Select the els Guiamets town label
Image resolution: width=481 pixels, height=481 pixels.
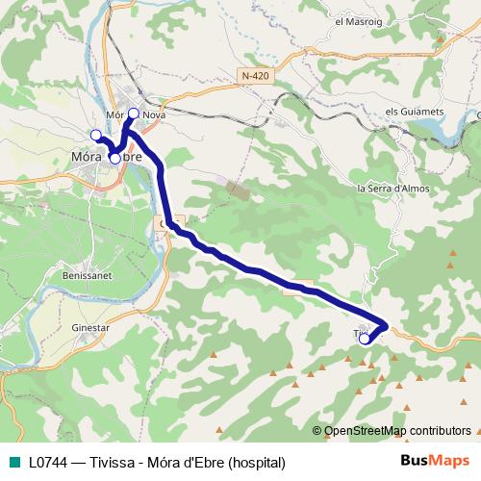click(x=414, y=112)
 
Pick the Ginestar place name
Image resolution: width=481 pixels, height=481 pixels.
click(x=92, y=327)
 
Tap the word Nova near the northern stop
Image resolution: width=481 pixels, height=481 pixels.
click(x=155, y=114)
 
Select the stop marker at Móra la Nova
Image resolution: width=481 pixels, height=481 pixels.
click(x=134, y=114)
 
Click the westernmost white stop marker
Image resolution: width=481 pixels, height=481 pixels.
click(x=95, y=134)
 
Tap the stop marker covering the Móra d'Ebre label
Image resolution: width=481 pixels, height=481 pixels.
click(x=114, y=158)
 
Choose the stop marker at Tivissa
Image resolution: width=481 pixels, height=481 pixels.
click(x=364, y=338)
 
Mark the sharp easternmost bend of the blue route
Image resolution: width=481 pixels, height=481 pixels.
click(x=386, y=325)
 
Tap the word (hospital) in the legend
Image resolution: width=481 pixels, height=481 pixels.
click(x=252, y=462)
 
